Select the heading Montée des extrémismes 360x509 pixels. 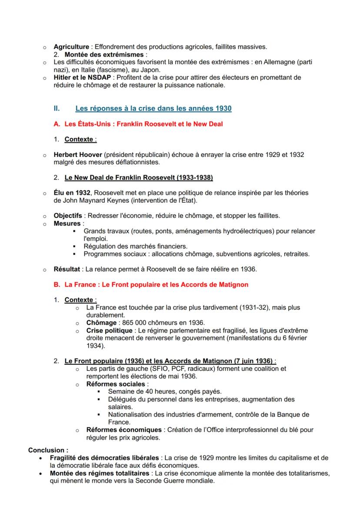103,55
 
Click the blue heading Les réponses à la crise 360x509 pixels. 153,108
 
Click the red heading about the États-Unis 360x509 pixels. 138,124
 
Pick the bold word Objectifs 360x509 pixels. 67,216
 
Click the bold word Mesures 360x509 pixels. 66,223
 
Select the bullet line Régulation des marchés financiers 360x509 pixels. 135,246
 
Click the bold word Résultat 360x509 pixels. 67,269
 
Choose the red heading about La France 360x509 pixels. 150,285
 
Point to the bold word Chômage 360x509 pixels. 101,323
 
